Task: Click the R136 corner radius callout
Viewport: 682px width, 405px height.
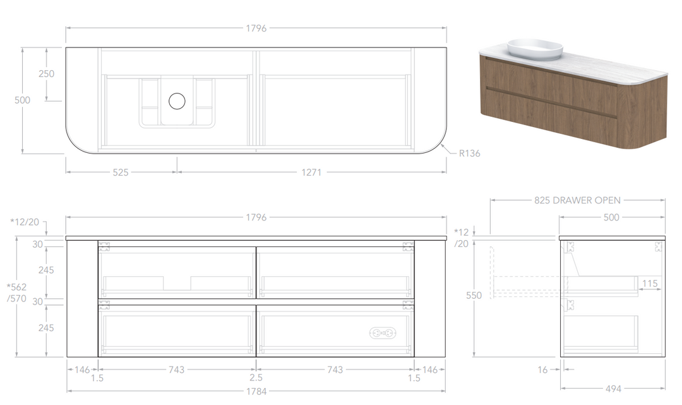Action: tap(469, 153)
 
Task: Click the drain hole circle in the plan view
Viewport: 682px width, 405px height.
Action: tap(177, 101)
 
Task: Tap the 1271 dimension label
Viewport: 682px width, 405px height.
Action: tap(311, 172)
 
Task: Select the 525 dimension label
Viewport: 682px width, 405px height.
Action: tap(121, 172)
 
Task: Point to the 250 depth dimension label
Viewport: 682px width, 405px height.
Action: tap(47, 74)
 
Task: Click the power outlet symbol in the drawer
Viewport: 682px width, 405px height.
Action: tap(383, 333)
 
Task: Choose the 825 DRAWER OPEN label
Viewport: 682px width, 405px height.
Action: tap(577, 200)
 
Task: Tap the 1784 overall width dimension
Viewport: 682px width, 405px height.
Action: tap(256, 391)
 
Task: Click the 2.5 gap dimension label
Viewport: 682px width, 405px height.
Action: tap(256, 378)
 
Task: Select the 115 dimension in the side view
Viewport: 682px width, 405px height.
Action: tap(650, 284)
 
